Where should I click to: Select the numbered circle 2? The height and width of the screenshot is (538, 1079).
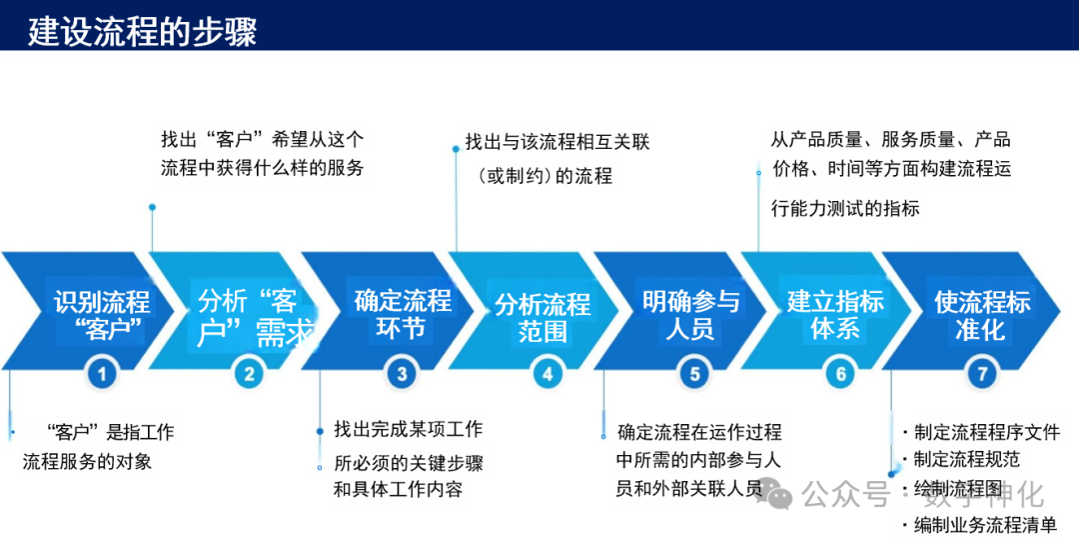pos(249,374)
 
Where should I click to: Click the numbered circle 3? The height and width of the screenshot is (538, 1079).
pos(402,374)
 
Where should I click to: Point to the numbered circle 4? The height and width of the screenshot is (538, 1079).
pos(546,374)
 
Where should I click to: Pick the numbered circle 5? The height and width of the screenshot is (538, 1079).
pos(693,374)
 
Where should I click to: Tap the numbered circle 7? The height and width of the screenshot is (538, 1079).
pos(982,374)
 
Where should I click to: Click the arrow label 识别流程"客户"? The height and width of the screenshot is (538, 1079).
pos(102,315)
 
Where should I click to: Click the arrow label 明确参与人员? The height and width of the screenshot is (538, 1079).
pos(690,314)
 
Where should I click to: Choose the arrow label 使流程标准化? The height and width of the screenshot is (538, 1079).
pos(981,314)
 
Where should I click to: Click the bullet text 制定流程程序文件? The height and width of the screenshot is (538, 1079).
pos(985,433)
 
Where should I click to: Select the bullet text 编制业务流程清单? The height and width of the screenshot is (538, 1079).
pos(985,524)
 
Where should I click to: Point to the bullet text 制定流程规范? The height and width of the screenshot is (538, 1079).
pos(965,460)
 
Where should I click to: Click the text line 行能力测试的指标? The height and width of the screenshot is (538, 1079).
pos(845,209)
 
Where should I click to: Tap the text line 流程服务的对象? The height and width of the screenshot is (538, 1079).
pos(88,462)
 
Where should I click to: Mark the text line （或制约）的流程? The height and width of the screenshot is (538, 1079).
pos(544,176)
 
